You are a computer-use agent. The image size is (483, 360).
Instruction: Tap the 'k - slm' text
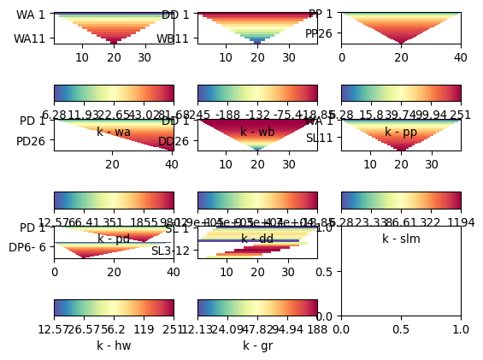coord(401,239)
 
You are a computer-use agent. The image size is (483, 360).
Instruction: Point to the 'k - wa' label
coord(114,132)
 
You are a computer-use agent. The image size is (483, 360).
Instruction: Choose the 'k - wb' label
coord(257,132)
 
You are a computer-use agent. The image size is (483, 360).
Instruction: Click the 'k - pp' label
coord(401,132)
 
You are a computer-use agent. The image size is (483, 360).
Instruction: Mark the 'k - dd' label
coord(257,239)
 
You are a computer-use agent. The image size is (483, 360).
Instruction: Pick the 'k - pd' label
coord(114,239)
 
